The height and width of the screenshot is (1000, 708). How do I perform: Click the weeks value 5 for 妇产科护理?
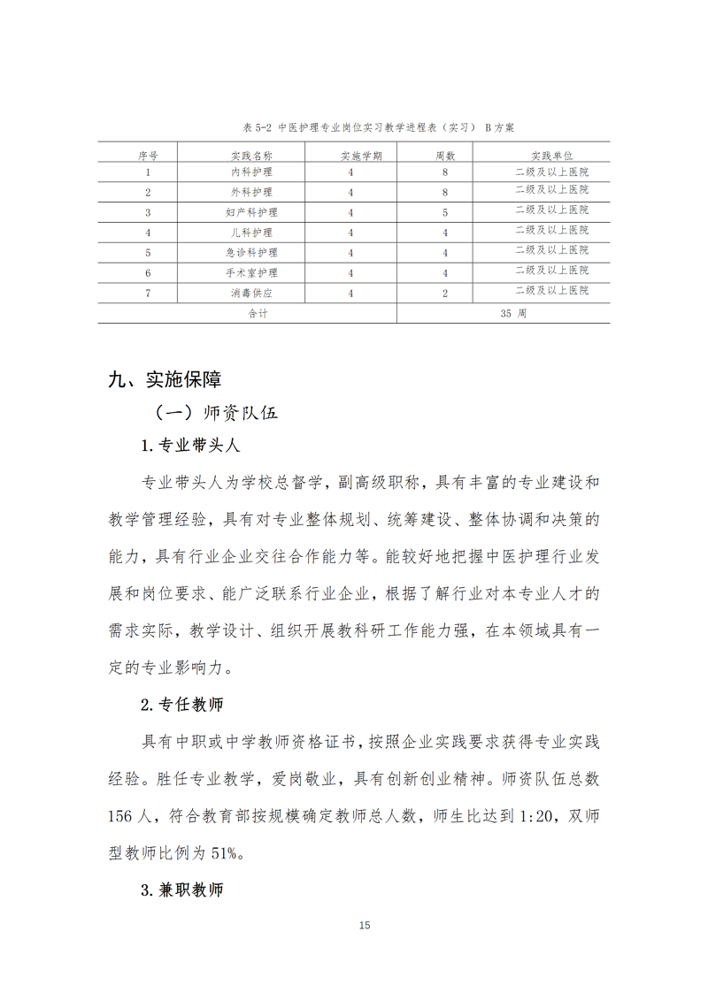[x=445, y=212]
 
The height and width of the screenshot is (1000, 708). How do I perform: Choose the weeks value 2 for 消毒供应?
[x=445, y=293]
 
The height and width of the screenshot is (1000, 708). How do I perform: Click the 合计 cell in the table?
[x=246, y=313]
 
